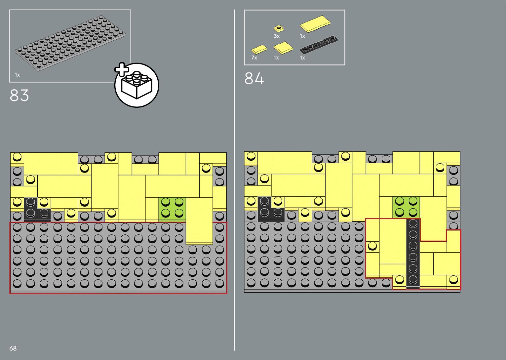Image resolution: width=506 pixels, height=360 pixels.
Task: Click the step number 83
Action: (19, 96)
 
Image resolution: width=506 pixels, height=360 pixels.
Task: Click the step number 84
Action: (254, 79)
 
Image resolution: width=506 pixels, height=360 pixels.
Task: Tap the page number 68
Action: (13, 348)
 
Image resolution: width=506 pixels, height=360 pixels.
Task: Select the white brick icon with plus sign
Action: (136, 85)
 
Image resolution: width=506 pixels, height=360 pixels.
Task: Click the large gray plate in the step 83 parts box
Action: (70, 43)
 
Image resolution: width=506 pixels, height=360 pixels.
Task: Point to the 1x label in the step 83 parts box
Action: (17, 75)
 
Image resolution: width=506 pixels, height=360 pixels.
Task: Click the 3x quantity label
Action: (277, 36)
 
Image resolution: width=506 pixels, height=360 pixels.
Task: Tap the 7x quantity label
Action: (254, 58)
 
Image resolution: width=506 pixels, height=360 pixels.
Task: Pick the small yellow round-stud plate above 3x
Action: (279, 28)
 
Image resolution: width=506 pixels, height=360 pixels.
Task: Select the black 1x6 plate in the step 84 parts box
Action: (319, 45)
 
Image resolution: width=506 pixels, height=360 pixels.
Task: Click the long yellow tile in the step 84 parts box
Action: (315, 24)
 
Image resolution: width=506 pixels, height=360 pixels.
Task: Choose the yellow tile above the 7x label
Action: (259, 50)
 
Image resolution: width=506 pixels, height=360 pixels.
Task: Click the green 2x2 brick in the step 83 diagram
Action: (172, 208)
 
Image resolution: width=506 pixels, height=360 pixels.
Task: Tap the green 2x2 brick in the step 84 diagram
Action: (406, 207)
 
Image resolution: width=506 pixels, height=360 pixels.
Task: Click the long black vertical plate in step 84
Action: (413, 253)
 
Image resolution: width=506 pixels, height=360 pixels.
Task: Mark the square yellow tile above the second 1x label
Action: (283, 48)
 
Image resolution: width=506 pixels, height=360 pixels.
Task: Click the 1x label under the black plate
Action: (302, 58)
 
